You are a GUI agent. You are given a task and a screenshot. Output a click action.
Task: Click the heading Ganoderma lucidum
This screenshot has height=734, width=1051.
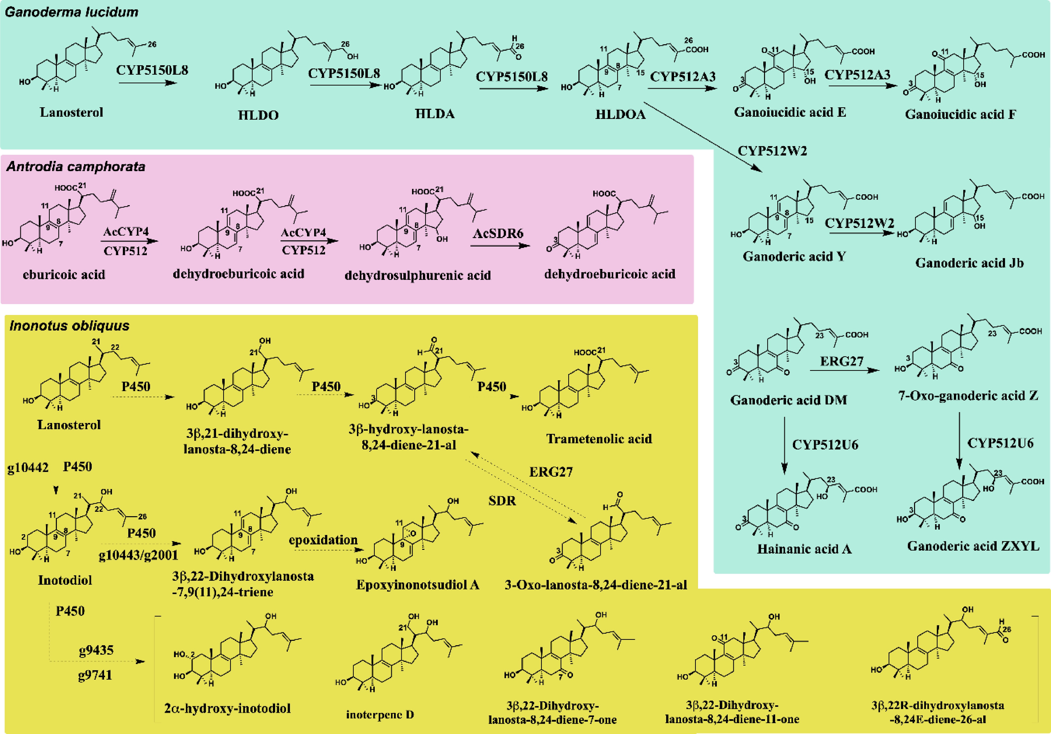pos(71,12)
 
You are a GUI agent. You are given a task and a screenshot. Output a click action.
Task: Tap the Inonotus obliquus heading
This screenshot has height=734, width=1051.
pos(69,326)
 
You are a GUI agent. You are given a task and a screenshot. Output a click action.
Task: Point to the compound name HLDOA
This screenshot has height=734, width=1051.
pos(620,114)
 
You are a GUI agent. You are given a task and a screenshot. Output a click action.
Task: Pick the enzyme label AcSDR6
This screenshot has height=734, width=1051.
pos(498,234)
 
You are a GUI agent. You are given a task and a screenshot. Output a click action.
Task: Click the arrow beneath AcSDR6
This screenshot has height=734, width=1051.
pos(500,246)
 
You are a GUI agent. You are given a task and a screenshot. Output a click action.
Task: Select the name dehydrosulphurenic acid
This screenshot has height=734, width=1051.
pos(417,275)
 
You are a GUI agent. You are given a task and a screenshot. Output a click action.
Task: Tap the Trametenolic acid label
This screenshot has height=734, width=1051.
pos(599,439)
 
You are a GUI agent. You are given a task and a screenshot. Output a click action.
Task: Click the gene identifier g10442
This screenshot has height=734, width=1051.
pos(28,467)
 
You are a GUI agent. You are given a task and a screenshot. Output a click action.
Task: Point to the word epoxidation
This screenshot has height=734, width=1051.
pos(323,540)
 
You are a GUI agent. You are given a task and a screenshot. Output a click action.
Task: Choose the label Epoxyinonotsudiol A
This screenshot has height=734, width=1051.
pos(417,585)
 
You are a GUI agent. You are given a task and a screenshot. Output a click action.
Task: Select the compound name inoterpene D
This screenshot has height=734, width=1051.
pos(380,714)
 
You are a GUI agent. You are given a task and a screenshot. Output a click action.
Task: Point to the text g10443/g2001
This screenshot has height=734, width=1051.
pos(138,556)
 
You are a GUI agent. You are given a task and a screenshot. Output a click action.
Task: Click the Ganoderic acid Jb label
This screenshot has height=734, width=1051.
pos(969,263)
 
